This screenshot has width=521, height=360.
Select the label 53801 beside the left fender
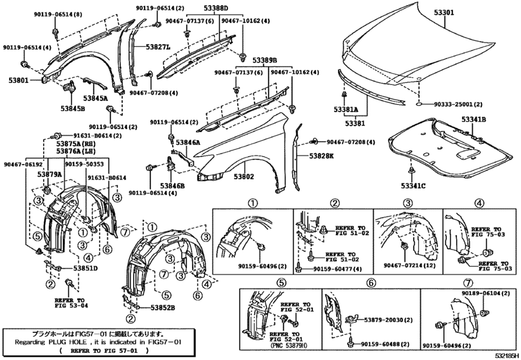click(x=19, y=81)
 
